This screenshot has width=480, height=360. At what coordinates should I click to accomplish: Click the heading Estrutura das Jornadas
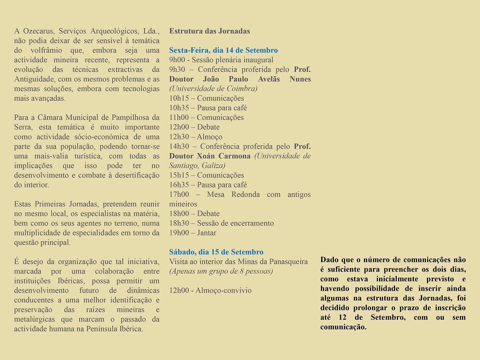pos(209,31)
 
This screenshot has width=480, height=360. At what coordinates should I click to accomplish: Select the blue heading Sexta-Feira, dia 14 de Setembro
pos(223,50)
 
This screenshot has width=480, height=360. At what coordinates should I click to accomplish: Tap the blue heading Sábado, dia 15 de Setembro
pos(216,252)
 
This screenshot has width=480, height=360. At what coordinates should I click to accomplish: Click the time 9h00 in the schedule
pos(175,60)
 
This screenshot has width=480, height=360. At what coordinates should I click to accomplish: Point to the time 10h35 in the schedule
pos(179,108)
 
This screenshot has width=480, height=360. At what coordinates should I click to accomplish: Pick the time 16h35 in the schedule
pos(179,185)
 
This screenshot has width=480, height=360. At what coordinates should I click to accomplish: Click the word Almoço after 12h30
pos(209,137)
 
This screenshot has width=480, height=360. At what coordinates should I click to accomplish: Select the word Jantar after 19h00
pos(206,233)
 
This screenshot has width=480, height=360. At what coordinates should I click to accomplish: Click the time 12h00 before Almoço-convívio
pos(179,290)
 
